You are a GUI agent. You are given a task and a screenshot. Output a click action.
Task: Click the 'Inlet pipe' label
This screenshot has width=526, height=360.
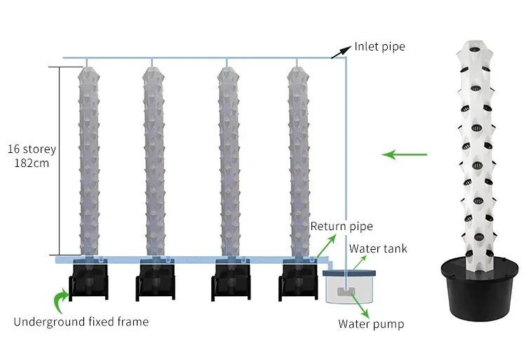coord(379,47)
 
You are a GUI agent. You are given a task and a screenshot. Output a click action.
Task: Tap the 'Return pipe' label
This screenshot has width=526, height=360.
coord(342,227)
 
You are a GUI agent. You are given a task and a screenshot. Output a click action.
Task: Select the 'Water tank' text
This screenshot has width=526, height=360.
coord(378,248)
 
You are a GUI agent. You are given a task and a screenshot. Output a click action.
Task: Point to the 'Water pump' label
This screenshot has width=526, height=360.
coord(371,324)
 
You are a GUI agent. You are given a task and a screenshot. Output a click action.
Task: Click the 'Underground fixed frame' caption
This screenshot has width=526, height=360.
coord(81,322)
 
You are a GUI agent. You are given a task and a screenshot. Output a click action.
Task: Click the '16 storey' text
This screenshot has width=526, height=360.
coord(32,149)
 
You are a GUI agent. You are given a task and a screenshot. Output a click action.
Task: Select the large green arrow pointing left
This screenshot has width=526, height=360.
coord(409,153)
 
